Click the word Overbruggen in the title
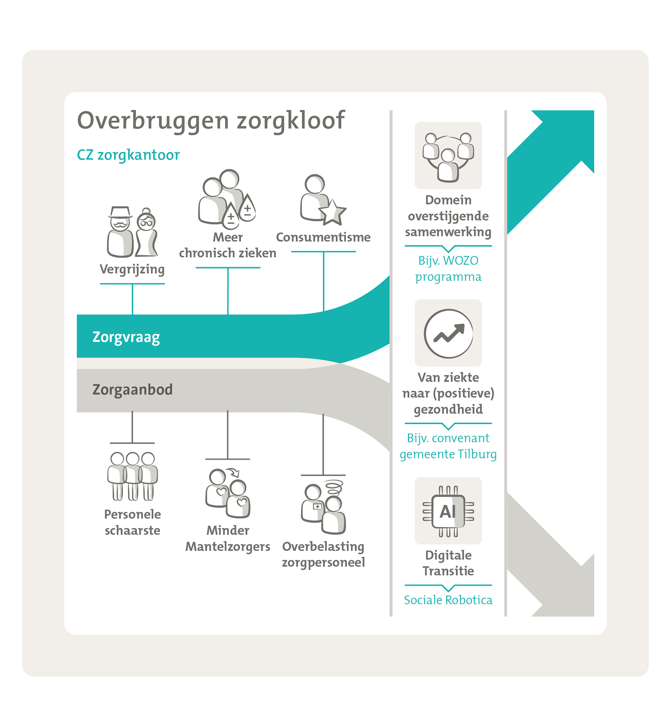[x=153, y=121]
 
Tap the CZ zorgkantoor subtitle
[x=128, y=155]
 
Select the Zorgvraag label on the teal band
[x=126, y=337]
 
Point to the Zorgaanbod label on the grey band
[x=132, y=390]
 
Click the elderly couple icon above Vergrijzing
[x=132, y=232]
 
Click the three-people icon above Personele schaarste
[x=132, y=476]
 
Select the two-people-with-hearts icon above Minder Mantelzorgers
[x=228, y=493]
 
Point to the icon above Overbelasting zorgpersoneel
[x=323, y=507]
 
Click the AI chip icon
[x=448, y=511]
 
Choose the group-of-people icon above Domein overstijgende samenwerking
[x=448, y=157]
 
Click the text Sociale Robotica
[x=448, y=600]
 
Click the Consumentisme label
[x=323, y=237]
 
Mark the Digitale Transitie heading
[x=448, y=563]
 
